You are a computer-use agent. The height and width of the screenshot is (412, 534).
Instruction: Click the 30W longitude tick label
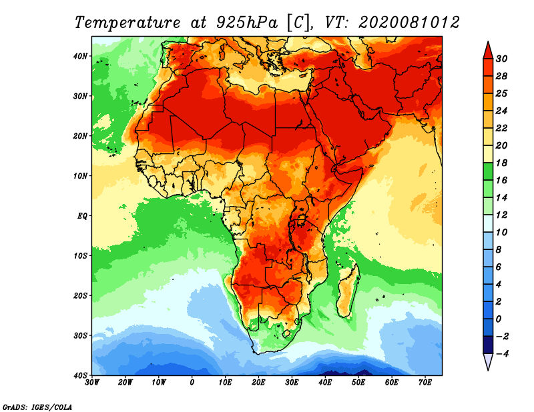point(93,382)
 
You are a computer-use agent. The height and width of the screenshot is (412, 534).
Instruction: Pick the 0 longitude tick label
point(192,382)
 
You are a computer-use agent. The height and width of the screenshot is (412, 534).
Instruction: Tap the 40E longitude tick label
point(325,382)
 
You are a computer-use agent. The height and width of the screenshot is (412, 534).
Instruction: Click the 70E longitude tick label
point(425,382)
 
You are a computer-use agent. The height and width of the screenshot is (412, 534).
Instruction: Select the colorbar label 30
point(501,59)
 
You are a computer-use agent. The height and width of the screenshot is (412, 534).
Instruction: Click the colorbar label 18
point(501,163)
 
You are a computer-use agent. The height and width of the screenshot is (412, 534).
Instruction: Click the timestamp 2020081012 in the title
point(409,22)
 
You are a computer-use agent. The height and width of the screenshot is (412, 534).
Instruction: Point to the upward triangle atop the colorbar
point(487,49)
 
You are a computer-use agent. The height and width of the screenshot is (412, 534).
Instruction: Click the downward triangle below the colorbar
point(487,362)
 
